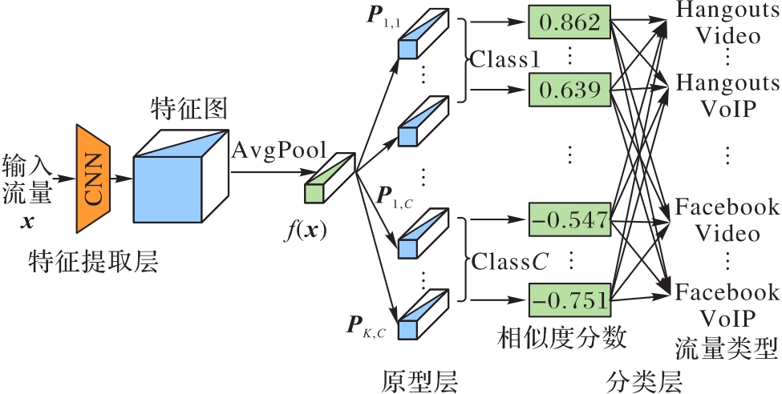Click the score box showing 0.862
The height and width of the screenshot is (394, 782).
[569, 23]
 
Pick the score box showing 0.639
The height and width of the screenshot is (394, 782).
[569, 90]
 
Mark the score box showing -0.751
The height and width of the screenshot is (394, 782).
[569, 300]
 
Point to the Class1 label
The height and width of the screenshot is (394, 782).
[506, 60]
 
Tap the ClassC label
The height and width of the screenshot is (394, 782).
[505, 261]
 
